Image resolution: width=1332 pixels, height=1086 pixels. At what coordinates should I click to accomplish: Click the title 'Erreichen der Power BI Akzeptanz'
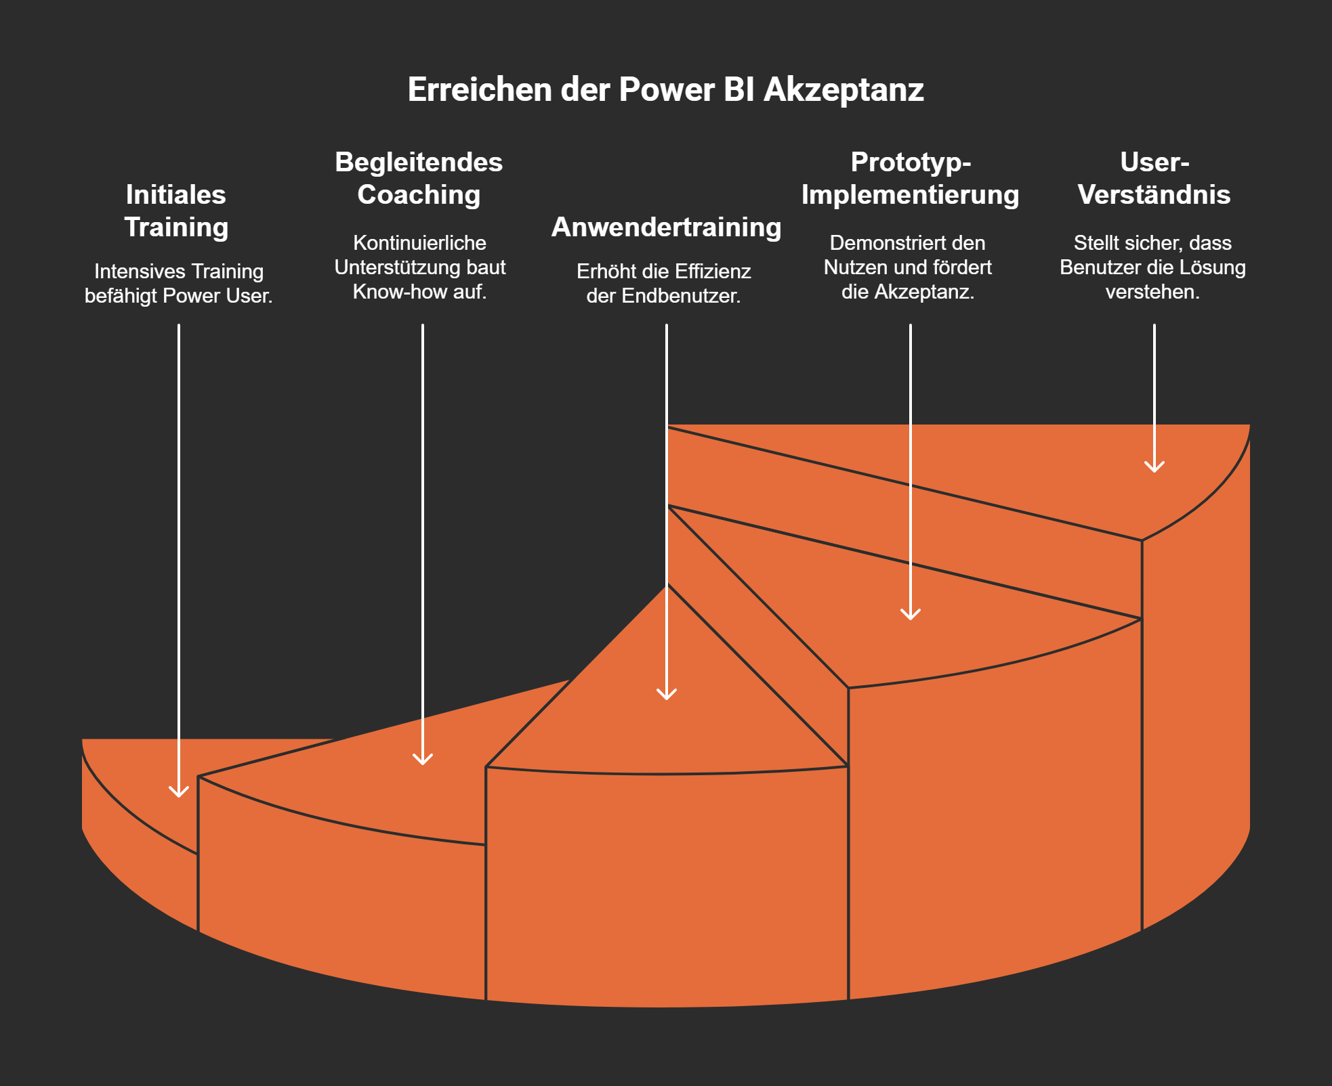665,90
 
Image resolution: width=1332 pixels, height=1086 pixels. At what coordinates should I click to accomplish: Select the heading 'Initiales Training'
176,211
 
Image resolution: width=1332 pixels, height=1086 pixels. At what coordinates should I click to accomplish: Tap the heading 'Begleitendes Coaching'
419,178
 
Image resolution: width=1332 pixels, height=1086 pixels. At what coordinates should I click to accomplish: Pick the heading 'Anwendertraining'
666,227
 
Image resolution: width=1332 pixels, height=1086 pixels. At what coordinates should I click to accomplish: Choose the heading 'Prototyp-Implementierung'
910,178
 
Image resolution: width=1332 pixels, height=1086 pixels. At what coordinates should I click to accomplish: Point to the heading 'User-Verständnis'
1154,178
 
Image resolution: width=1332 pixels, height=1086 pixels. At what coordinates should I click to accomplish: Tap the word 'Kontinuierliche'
419,243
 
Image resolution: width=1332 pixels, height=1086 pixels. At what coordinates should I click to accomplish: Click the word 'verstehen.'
1152,292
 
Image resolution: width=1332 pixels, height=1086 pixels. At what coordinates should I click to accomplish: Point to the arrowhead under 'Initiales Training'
179,791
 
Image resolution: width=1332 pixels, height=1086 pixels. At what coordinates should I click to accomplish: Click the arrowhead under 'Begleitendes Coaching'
423,759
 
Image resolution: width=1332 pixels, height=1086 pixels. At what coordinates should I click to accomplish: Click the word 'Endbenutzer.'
681,296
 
